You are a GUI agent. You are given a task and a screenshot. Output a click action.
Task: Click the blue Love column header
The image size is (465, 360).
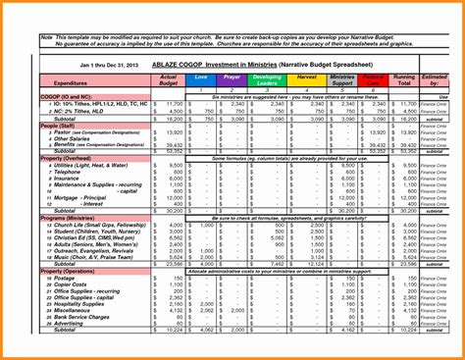coord(201,77)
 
